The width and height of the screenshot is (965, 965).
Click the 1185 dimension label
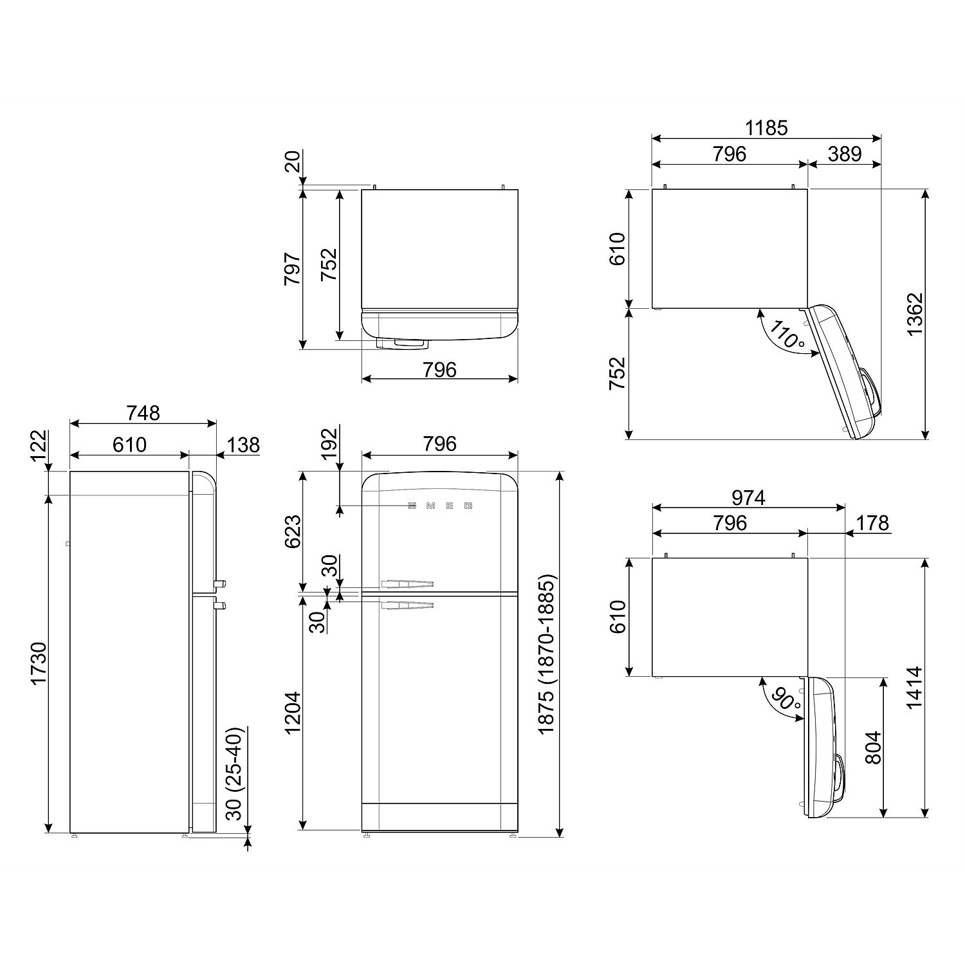coord(766,128)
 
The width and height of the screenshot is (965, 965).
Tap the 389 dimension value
coord(844,154)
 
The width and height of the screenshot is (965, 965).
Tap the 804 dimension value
coord(872,748)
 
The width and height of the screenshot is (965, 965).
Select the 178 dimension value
coord(872,523)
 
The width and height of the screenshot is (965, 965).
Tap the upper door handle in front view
coord(407,584)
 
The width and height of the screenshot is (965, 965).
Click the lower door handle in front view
coord(407,605)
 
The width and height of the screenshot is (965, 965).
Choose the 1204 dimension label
coord(293,713)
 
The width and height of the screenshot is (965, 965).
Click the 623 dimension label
coord(293,531)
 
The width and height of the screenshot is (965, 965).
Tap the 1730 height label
coord(40,663)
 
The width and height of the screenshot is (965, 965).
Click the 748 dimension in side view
coord(143,413)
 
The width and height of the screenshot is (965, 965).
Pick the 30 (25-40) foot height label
coord(235,773)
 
